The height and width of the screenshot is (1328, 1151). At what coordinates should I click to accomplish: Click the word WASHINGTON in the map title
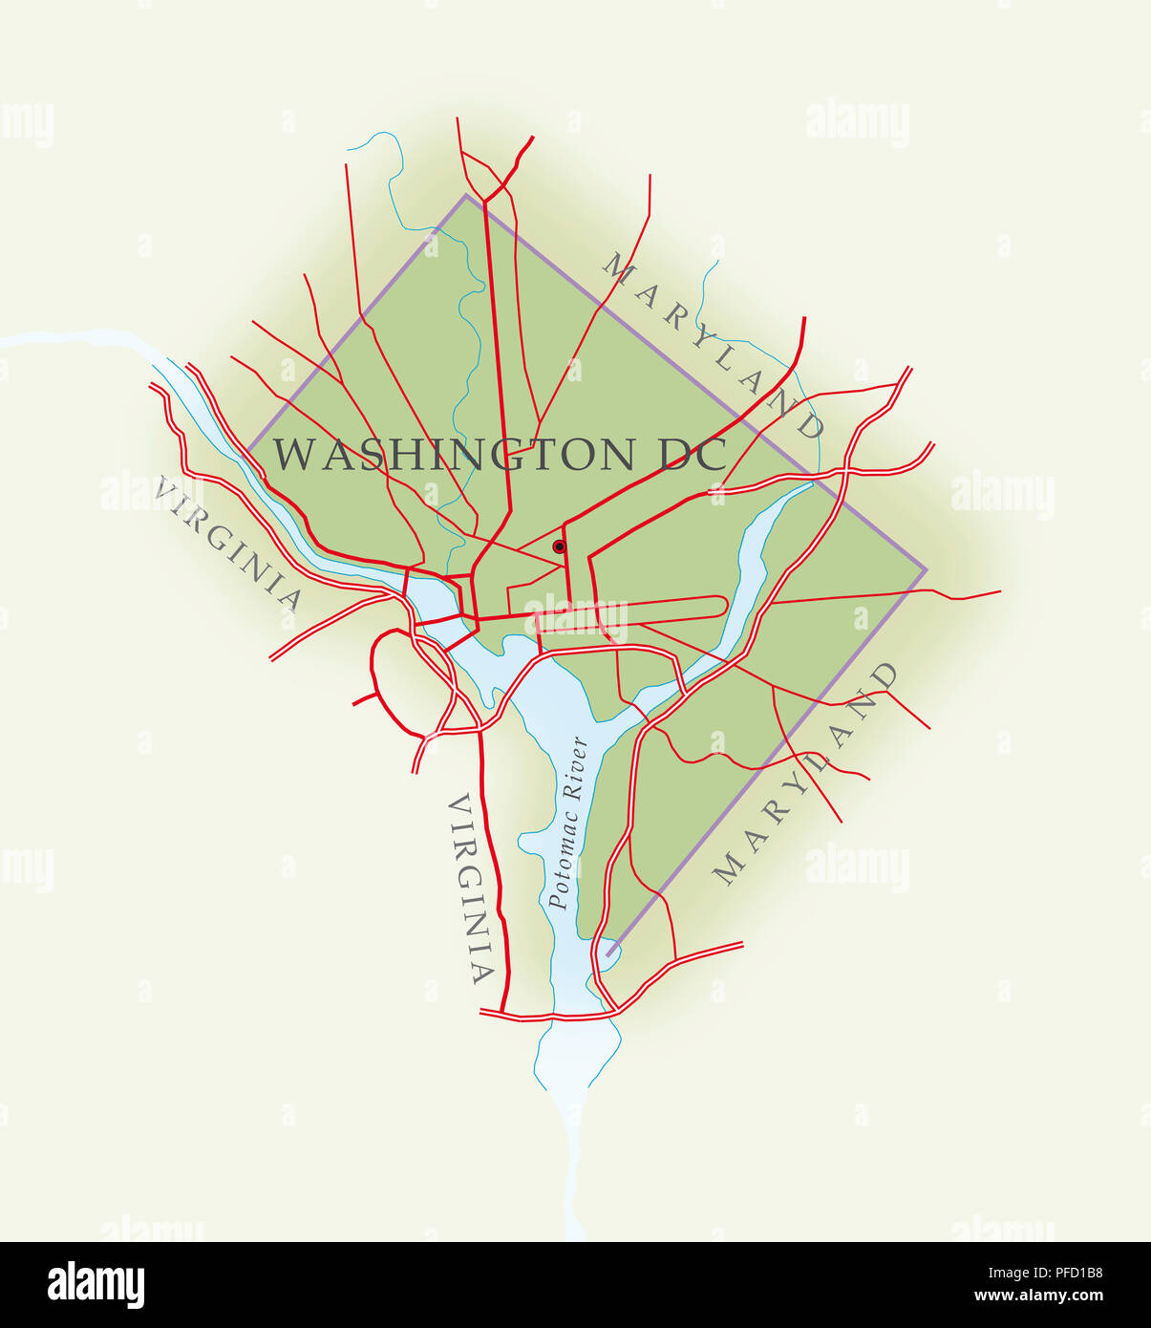(454, 455)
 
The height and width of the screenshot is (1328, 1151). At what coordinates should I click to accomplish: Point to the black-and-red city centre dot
(559, 546)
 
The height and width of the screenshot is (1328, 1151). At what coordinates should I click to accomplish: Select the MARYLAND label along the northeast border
(713, 345)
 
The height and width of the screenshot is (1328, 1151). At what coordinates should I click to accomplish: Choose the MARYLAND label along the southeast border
(807, 774)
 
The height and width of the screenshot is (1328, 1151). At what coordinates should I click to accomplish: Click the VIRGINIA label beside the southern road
(472, 889)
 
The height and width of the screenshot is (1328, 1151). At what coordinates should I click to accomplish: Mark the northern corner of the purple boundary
(466, 196)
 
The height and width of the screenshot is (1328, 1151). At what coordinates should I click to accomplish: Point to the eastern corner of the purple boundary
(926, 570)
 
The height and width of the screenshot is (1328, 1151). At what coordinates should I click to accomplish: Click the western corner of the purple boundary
(248, 448)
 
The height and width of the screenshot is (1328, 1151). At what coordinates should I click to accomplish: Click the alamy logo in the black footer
(96, 1285)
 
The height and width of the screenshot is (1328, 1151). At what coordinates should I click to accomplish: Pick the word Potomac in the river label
(562, 857)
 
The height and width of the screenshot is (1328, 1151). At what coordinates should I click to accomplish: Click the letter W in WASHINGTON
(293, 455)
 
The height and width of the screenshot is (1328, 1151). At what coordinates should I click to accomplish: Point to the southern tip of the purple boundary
(607, 954)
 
